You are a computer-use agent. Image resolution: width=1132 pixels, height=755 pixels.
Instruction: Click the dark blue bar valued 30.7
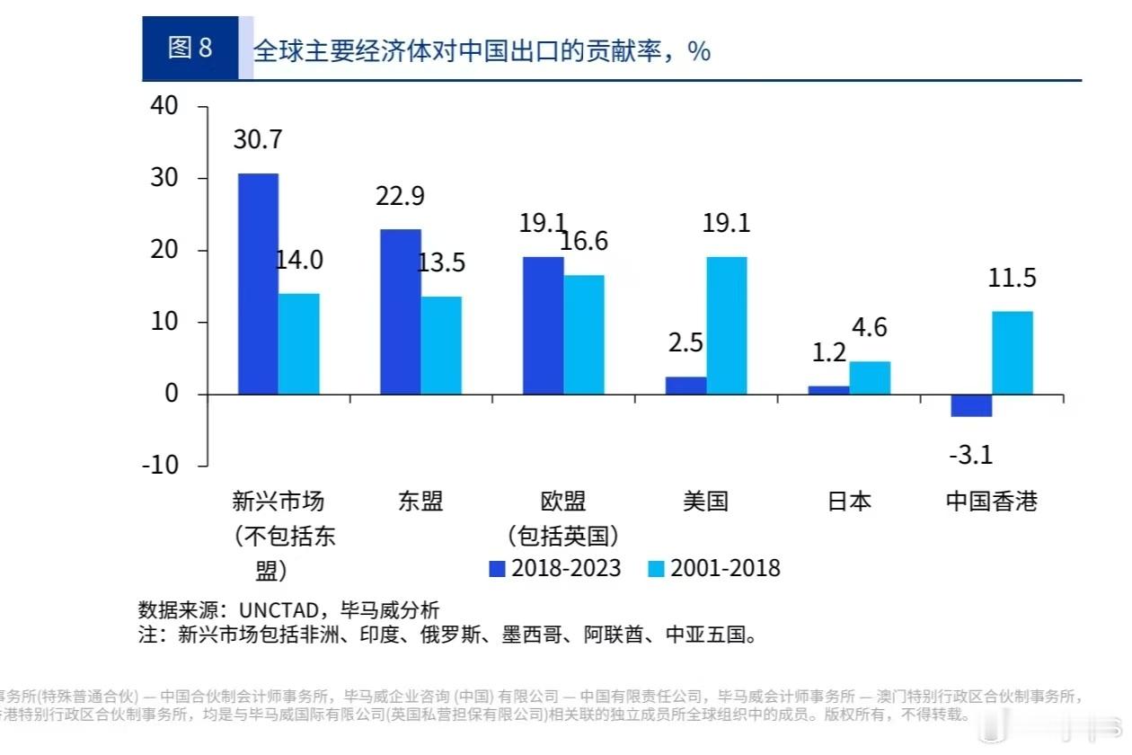[x=257, y=284]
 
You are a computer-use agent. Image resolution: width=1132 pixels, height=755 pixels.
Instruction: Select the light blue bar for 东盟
[x=441, y=345]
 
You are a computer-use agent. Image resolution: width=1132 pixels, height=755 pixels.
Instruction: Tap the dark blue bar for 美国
[x=685, y=386]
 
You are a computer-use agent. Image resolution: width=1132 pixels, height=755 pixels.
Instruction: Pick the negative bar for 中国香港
[x=971, y=405]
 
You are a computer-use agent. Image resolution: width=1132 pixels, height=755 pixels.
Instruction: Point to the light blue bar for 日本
[x=870, y=377]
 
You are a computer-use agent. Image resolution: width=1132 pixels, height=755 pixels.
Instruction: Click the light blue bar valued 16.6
[x=584, y=334]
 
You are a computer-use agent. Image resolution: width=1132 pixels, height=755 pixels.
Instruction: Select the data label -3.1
[x=970, y=455]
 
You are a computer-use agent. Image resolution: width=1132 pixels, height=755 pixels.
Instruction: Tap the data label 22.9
[x=400, y=196]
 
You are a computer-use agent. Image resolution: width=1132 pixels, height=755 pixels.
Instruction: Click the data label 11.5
[x=1012, y=278]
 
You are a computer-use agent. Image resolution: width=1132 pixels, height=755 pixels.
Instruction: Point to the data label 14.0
[x=298, y=260]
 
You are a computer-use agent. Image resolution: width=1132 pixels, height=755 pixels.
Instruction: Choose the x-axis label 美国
[x=705, y=502]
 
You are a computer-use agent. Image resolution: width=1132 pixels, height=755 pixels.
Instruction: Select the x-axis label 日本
[x=849, y=502]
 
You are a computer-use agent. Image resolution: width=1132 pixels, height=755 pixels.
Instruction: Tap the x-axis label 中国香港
[x=992, y=502]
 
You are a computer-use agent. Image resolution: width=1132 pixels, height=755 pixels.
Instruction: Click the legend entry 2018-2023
[x=554, y=568]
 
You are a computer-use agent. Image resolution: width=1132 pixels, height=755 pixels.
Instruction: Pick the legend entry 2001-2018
[x=713, y=568]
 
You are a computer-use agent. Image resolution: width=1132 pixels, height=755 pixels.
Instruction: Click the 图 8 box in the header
[x=190, y=49]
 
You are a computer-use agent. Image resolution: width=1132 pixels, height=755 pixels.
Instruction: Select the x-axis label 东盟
[x=420, y=502]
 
